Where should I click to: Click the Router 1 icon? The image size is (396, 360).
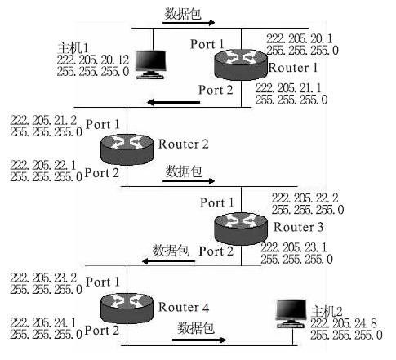[x=241, y=64]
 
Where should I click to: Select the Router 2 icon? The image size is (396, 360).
[x=127, y=149]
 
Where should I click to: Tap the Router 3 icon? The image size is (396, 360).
[x=241, y=229]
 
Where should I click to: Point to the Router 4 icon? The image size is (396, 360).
[x=127, y=308]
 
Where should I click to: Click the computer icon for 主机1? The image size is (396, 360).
[x=151, y=64]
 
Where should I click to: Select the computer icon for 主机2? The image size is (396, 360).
[x=291, y=313]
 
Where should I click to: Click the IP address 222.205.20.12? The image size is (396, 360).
[x=93, y=60]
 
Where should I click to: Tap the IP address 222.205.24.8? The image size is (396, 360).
[x=344, y=323]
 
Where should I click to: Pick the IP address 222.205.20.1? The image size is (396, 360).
[x=300, y=38]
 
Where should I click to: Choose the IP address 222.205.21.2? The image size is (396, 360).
[x=43, y=120]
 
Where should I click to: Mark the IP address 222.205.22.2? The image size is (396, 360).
[x=305, y=198]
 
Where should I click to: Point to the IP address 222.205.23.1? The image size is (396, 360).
[x=294, y=247]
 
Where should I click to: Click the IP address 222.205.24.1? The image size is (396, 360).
[x=43, y=322]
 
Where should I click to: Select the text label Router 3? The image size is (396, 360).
[x=298, y=227]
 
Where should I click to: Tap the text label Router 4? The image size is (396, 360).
[x=184, y=307]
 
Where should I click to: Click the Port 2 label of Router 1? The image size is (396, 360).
[x=216, y=90]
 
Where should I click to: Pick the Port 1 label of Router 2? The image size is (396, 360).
[x=103, y=124]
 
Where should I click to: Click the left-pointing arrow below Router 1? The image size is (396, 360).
[x=173, y=102]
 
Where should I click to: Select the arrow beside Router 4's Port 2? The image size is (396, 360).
[x=199, y=340]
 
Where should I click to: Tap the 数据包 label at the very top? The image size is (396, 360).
[x=183, y=14]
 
